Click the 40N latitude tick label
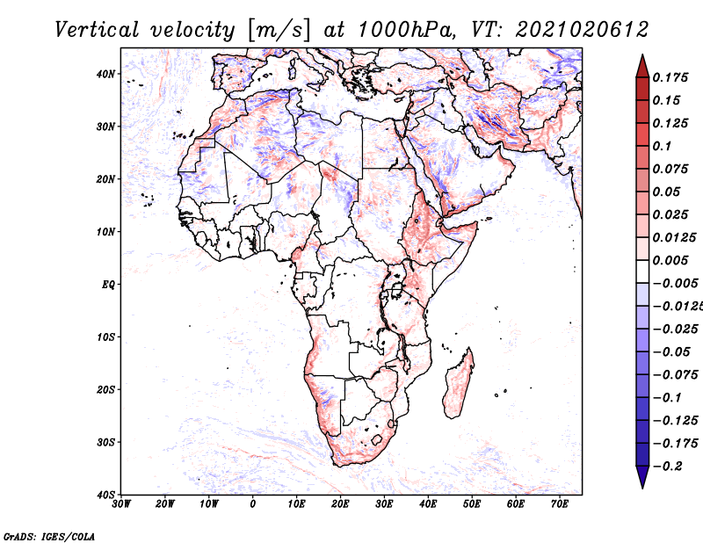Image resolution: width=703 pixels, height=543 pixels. [x=105, y=74]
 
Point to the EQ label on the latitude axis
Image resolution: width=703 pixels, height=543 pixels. [x=108, y=285]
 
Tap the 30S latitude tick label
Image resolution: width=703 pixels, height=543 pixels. [x=105, y=442]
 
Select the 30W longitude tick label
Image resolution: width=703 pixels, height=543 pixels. [x=121, y=504]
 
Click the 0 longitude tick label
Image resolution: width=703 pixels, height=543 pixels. [x=253, y=504]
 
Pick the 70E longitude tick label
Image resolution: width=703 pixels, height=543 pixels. [x=560, y=504]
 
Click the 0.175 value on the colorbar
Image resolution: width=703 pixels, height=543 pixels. [x=670, y=77]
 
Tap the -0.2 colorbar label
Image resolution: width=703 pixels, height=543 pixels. [x=668, y=467]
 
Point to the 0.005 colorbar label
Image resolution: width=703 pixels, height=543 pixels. [x=670, y=260]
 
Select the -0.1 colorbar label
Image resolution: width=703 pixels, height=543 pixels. [x=668, y=398]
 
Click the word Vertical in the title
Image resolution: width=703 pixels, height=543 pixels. [x=97, y=30]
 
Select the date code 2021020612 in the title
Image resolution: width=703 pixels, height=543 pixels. [x=582, y=30]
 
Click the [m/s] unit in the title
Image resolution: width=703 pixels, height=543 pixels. [x=278, y=30]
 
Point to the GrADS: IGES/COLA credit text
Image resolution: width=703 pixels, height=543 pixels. [x=49, y=536]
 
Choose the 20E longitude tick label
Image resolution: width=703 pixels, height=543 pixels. [x=340, y=504]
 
